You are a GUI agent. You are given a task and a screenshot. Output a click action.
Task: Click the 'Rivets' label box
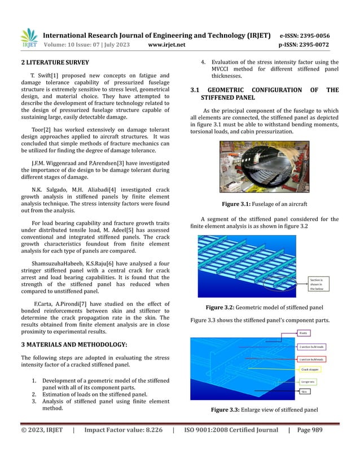coord(304,333)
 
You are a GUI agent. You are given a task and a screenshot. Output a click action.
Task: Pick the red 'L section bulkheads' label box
coord(311,359)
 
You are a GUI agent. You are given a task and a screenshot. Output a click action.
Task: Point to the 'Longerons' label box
coord(308,382)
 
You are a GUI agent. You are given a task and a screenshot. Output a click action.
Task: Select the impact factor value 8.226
coord(150,446)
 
